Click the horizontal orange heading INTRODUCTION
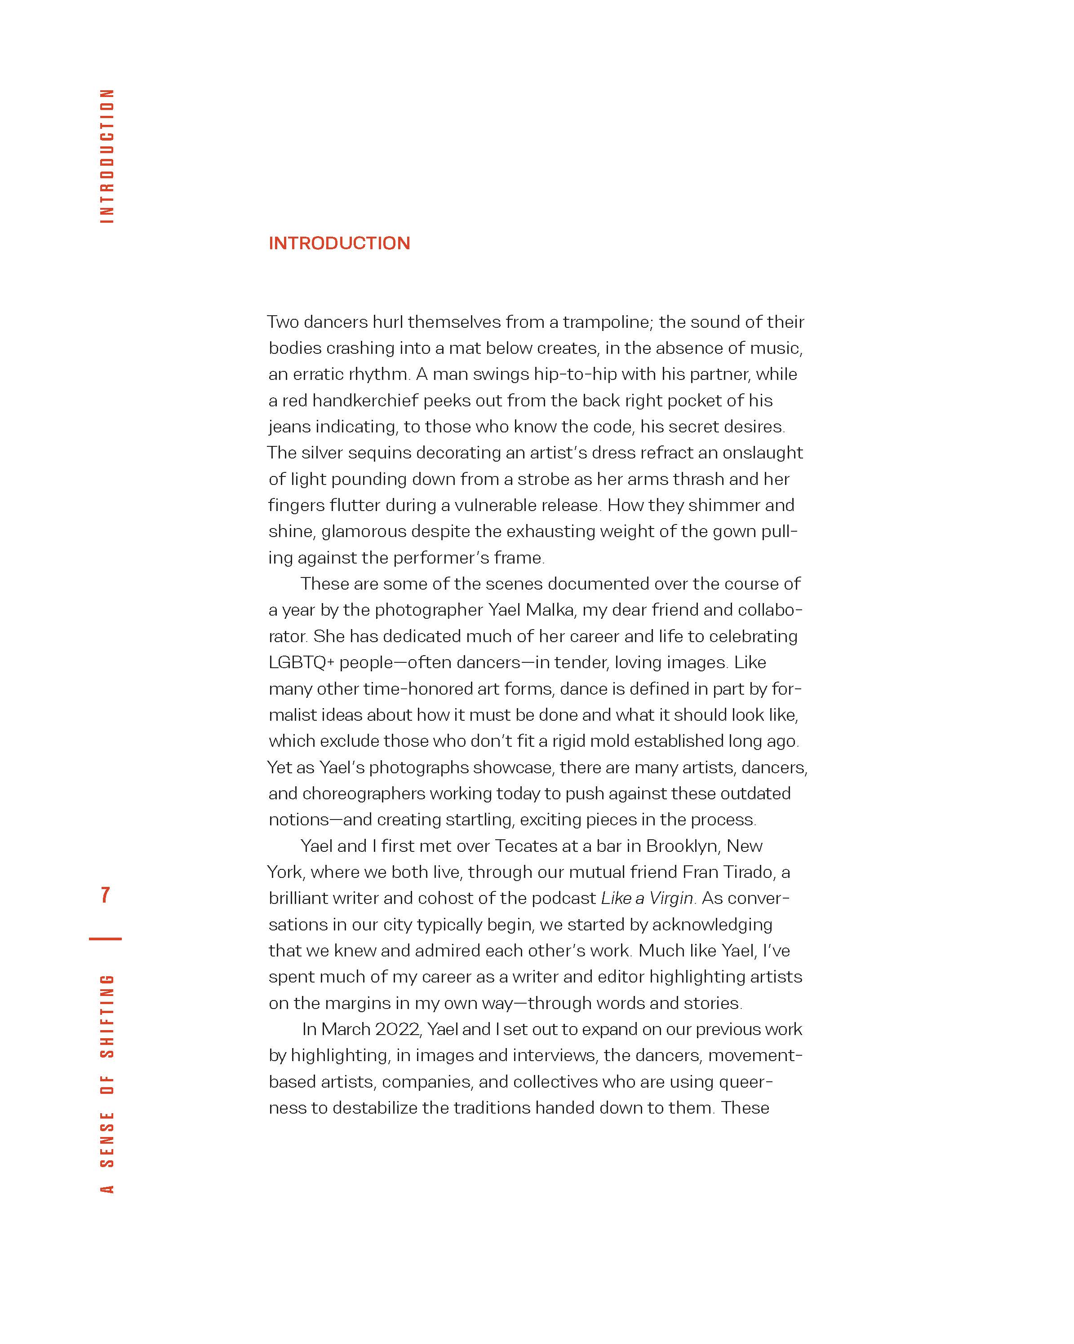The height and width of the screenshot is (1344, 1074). point(339,243)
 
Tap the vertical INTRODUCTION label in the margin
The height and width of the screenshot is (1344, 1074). point(107,156)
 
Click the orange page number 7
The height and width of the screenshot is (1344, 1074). point(106,895)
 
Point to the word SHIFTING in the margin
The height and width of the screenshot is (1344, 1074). point(107,1017)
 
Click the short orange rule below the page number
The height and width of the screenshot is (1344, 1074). point(106,938)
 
